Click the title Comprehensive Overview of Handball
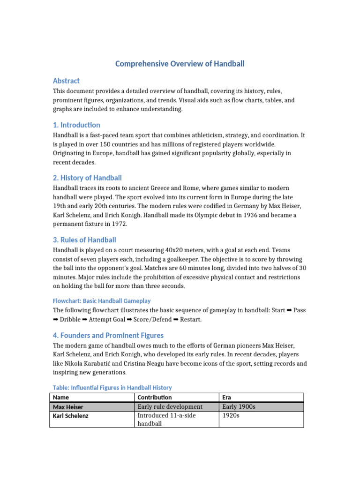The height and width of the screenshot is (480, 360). [180, 63]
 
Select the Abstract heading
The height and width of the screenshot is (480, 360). [66, 81]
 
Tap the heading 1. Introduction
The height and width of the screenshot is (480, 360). [76, 125]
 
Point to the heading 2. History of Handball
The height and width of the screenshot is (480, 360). [87, 178]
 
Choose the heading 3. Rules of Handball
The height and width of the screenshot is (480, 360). [84, 240]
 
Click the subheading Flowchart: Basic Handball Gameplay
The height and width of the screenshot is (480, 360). [102, 301]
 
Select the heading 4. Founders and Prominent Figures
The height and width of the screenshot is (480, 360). [108, 335]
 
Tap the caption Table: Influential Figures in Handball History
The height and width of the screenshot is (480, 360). [112, 388]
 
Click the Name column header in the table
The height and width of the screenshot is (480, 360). [61, 397]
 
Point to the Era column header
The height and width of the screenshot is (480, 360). [227, 397]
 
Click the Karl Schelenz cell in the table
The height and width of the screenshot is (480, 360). [71, 416]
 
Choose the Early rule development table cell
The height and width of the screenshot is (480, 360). [170, 407]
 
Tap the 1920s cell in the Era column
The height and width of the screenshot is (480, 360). [231, 415]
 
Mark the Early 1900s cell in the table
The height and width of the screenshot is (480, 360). [239, 407]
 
